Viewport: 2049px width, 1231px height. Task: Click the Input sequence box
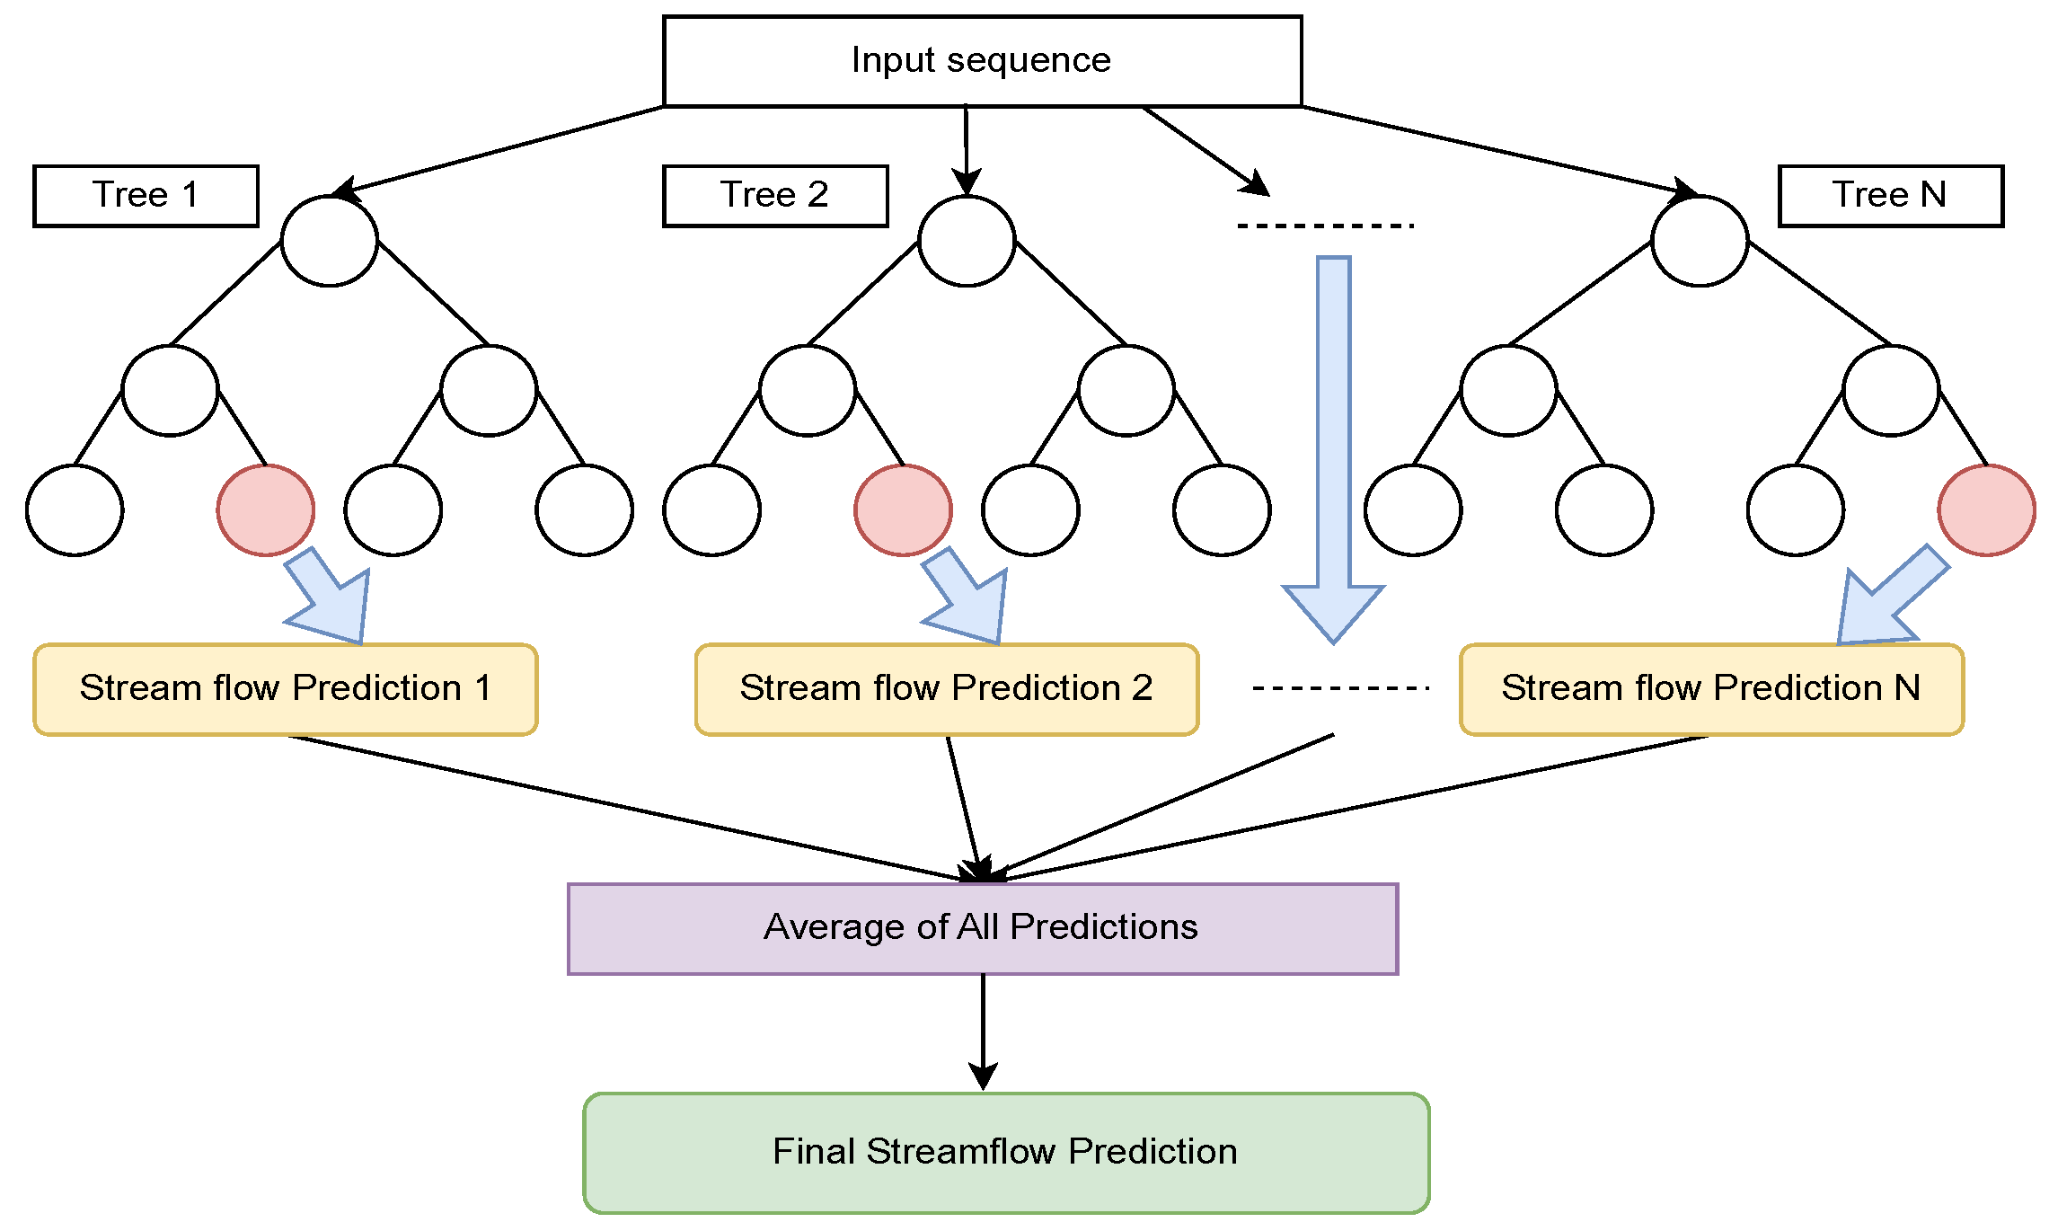(982, 61)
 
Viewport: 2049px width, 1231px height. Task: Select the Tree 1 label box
(146, 195)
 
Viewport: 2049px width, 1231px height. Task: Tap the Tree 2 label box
(774, 195)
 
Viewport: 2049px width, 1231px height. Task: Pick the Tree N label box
(1890, 195)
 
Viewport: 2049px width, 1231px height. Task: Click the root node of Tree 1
(329, 241)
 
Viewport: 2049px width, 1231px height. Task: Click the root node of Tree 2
(967, 241)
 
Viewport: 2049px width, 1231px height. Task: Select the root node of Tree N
(1699, 241)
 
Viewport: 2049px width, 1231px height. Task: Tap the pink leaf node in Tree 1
(266, 509)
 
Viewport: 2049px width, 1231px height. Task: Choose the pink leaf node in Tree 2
(903, 509)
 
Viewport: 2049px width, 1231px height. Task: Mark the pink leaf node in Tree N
(1986, 509)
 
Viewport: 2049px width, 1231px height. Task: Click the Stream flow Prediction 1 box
(285, 689)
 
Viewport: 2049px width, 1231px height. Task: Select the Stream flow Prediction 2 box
(946, 689)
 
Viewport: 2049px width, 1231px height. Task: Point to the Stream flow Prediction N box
(1711, 689)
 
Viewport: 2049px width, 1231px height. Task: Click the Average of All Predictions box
(982, 928)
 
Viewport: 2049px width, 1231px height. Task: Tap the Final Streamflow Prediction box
(1005, 1153)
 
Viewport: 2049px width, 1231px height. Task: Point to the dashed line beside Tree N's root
(1325, 226)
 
